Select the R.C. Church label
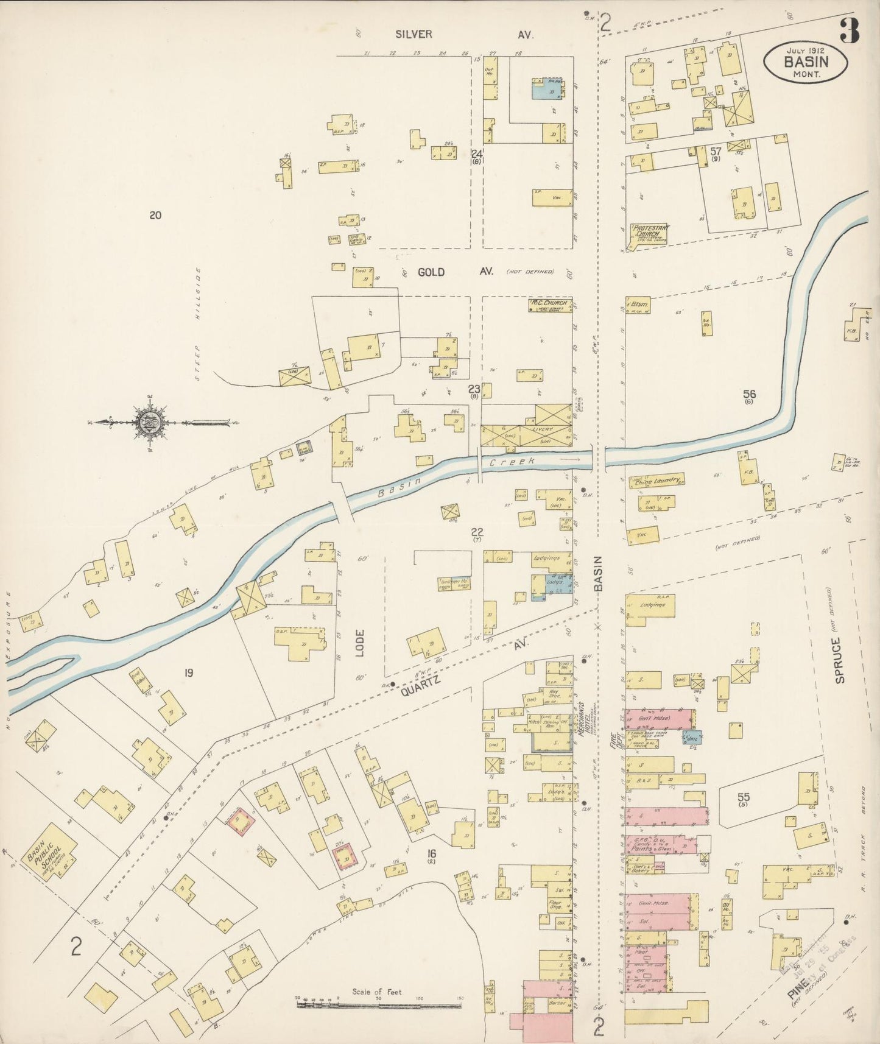pyautogui.click(x=549, y=303)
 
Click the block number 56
pyautogui.click(x=749, y=394)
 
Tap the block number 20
pyautogui.click(x=155, y=215)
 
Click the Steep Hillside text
pyautogui.click(x=197, y=326)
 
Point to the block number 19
pyautogui.click(x=189, y=673)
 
